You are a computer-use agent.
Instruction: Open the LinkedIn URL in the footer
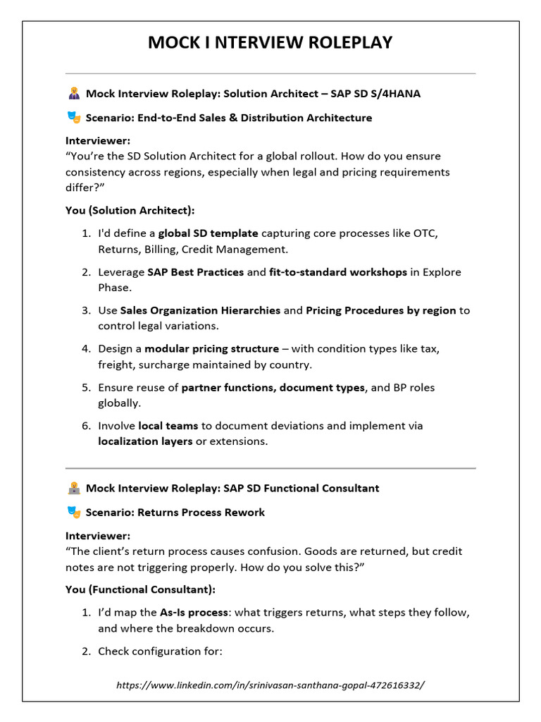coord(270,685)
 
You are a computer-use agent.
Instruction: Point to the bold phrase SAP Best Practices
coord(195,272)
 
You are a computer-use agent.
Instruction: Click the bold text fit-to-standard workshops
coord(338,272)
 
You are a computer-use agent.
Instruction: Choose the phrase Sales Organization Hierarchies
coord(200,310)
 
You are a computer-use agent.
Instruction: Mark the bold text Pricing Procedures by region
coord(380,310)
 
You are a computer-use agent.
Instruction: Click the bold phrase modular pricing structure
coord(211,349)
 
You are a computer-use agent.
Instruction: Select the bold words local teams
coord(168,426)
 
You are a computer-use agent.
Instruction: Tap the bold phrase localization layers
coord(145,441)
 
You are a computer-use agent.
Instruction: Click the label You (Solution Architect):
coord(130,210)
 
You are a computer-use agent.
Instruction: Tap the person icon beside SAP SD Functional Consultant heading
coord(73,488)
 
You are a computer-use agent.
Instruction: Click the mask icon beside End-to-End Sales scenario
coord(73,118)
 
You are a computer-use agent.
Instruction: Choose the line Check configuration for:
coord(160,651)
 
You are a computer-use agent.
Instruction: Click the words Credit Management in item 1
coord(226,249)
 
